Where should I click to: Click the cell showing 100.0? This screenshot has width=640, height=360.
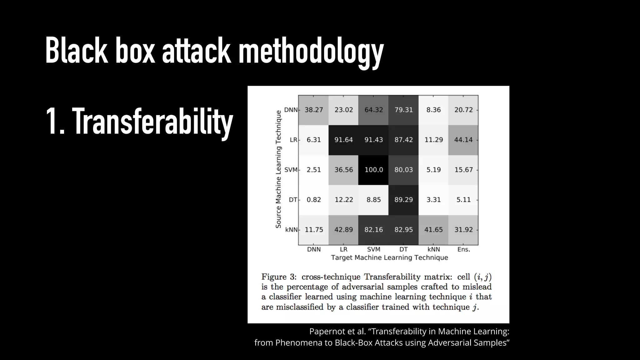point(373,170)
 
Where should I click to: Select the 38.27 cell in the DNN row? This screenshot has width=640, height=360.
point(313,110)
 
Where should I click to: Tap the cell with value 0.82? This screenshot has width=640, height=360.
point(313,200)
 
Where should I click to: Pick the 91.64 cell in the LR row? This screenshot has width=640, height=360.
point(343,140)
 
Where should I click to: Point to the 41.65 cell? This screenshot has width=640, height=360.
point(433,230)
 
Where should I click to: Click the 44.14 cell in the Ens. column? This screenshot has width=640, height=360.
point(463,140)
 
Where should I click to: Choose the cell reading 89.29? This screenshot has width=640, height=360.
point(403,200)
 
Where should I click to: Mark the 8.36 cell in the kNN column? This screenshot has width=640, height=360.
point(433,110)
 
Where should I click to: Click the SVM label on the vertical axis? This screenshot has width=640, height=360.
point(291,170)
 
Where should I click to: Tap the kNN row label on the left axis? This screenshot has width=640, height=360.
point(291,230)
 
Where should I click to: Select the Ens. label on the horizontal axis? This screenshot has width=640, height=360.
point(463,249)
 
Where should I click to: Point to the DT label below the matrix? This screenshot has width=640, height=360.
point(403,249)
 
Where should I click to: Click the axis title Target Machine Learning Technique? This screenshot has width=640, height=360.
point(389,257)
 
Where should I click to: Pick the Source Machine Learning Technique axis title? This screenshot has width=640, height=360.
point(278,169)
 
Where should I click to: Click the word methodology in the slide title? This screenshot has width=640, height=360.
point(311,51)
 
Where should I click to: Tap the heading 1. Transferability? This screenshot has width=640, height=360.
point(139,121)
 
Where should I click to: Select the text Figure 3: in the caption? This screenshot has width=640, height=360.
point(279,277)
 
